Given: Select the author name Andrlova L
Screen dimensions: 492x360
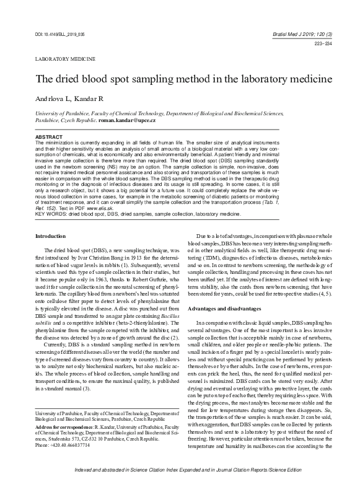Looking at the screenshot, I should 55,100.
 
